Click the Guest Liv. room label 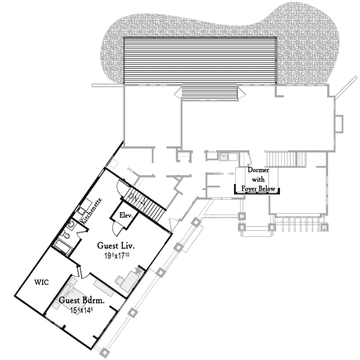tap(117, 246)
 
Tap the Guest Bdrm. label tap(81, 301)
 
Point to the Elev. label tap(126, 216)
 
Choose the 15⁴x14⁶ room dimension tap(81, 310)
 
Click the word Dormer tap(258, 171)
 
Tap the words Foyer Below tap(258, 189)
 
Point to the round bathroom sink tap(72, 224)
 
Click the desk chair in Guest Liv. tap(120, 279)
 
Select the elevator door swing tap(117, 227)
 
